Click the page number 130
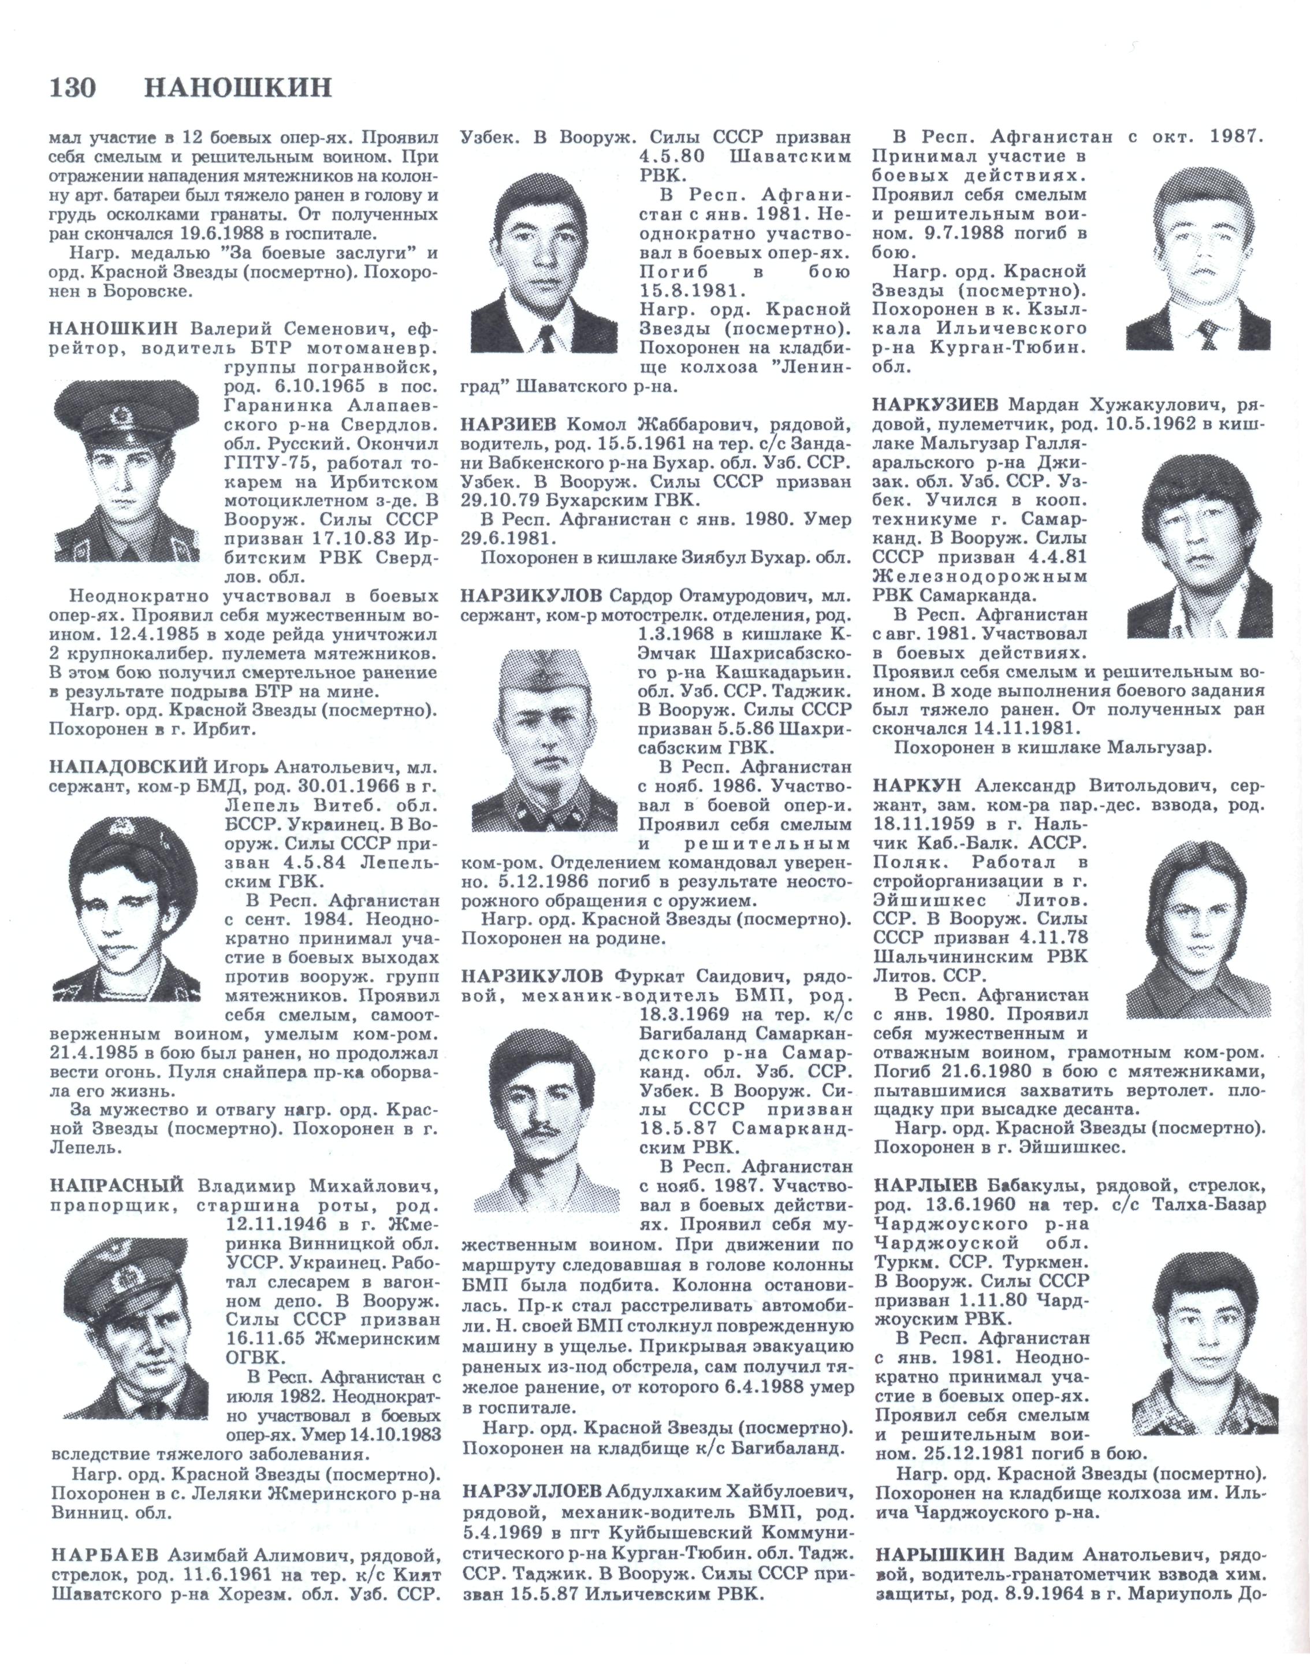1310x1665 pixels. pos(73,88)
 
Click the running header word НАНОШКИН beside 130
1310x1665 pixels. pos(239,88)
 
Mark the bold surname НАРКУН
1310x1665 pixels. pos(920,786)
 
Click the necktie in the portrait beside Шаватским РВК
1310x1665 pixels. pos(548,338)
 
